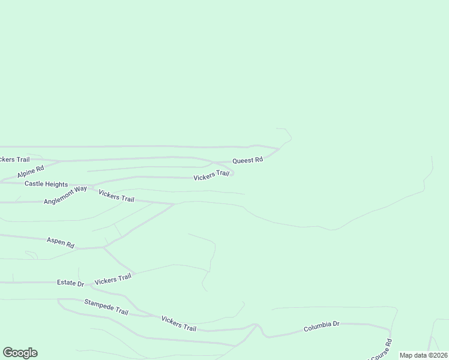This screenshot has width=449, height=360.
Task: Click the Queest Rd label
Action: [x=247, y=160]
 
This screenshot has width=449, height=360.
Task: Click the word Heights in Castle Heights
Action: [x=57, y=184]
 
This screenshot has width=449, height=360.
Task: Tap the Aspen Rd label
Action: [x=60, y=242]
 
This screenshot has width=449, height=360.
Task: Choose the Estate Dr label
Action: [x=71, y=283]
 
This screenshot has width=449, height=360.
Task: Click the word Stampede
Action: [x=98, y=305]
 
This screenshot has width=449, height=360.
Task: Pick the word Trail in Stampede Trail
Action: [x=121, y=312]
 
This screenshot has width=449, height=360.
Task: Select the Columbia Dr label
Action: [x=321, y=327]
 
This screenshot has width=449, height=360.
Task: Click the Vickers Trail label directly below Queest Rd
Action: [x=211, y=175]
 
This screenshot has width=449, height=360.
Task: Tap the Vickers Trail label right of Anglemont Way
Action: [x=116, y=196]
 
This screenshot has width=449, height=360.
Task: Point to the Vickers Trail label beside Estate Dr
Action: [x=113, y=279]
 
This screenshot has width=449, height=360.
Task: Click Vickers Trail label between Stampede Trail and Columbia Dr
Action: [x=179, y=323]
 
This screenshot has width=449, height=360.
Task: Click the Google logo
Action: [x=20, y=353]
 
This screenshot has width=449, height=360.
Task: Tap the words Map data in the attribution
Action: [x=413, y=355]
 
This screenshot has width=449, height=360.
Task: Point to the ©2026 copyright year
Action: [x=437, y=355]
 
